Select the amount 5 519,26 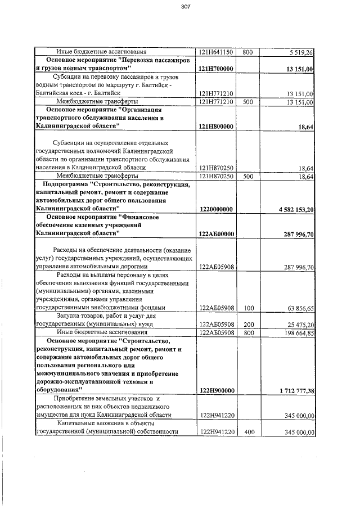point(300,52)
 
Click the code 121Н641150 point(217,52)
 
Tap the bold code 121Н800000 point(217,127)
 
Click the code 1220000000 point(217,209)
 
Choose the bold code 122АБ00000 point(217,233)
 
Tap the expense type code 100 point(249,308)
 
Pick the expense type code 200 point(249,325)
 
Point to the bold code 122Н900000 point(217,390)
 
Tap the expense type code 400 point(249,432)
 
